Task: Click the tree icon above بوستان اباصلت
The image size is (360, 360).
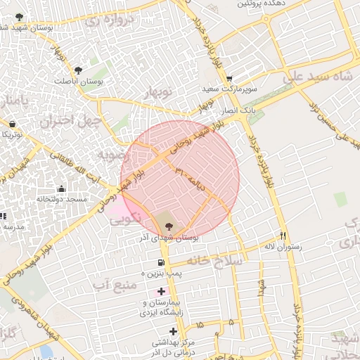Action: pos(77,69)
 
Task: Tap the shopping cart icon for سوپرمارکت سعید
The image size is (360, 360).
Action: pos(228,79)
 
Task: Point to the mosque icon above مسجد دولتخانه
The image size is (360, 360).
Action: pos(62,188)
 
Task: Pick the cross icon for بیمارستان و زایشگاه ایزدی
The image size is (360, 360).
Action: pos(162,290)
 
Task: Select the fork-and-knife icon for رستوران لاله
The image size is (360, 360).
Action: pos(283,236)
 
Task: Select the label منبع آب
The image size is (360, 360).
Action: pos(110,285)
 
